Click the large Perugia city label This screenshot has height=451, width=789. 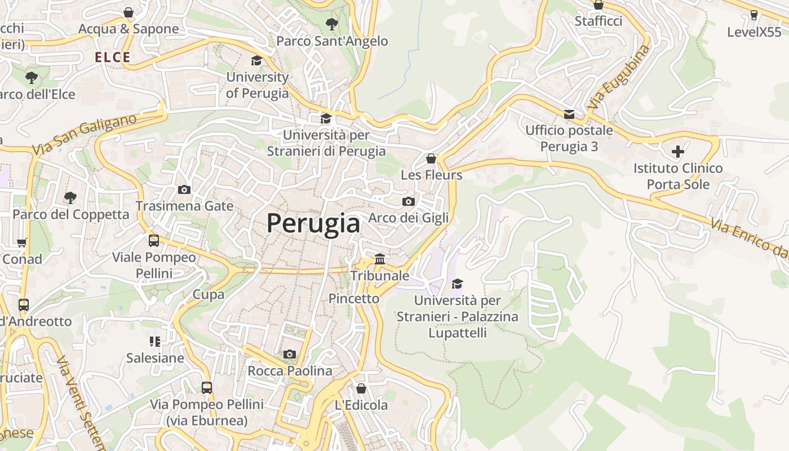coord(313,224)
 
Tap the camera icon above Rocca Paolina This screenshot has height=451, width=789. coord(290,354)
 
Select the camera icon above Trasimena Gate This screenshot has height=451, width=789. coord(184,189)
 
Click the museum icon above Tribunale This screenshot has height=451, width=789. coord(380,259)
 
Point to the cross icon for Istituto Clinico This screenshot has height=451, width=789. coord(677,152)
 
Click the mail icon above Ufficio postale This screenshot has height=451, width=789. coord(569,114)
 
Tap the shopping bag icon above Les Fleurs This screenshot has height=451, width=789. coord(431,158)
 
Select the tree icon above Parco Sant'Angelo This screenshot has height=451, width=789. coord(332,24)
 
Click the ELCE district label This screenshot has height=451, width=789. coord(113,57)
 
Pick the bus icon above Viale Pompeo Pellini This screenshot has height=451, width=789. coord(154,241)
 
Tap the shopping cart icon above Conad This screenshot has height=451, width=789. coord(22,242)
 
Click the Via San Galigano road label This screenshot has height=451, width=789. coord(85,135)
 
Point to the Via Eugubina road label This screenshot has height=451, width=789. coord(618,77)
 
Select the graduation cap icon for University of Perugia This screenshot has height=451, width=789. coord(257,60)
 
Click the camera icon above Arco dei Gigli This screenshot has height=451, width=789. coord(409,201)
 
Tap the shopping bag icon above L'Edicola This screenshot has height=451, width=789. coord(361,388)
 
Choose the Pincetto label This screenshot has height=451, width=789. coord(354,298)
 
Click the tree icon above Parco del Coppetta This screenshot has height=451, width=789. coord(70,197)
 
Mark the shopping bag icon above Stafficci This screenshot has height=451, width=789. coord(599,5)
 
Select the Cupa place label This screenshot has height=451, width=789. coord(209,294)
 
